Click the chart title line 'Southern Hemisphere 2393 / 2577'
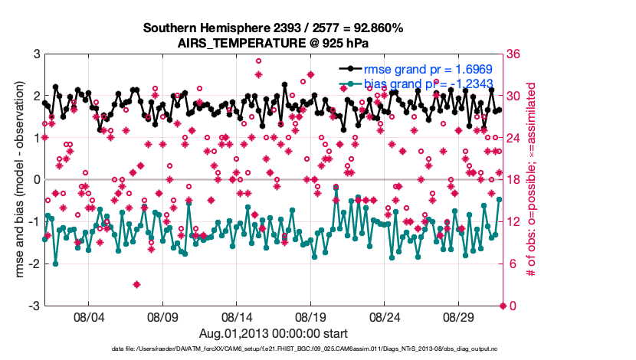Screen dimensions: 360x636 (273, 28)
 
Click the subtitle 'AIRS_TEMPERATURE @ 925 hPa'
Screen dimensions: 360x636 (273, 43)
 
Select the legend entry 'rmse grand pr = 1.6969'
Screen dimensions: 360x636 (428, 69)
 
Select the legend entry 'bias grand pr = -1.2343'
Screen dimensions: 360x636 (428, 83)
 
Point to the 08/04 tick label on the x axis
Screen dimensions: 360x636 (87, 316)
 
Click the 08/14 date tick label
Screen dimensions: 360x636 (237, 316)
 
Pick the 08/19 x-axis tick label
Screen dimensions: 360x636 (311, 316)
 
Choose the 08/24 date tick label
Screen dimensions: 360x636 (385, 316)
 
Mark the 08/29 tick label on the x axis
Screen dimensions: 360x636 (461, 316)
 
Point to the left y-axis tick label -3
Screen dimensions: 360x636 (34, 306)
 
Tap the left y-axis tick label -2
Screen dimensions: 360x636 (34, 263)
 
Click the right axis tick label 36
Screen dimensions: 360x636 (515, 54)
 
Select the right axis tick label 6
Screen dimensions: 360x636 (512, 263)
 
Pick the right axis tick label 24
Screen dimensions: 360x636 (515, 138)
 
